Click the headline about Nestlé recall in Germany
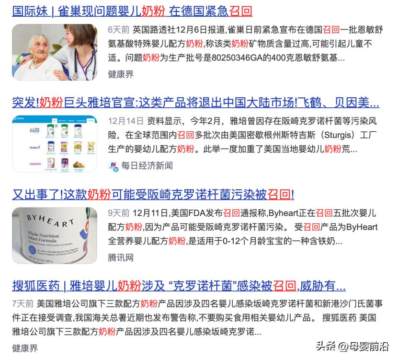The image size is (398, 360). coord(132,11)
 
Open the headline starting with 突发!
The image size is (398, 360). coord(195,103)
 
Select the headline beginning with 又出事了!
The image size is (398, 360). coord(153,195)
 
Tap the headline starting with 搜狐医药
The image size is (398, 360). coord(179,286)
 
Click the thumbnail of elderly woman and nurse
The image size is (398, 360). coord(55,52)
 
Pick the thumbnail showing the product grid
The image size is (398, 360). coord(55,143)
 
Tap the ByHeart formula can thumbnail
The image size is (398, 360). coord(55,235)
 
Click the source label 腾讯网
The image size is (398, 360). coord(121,257)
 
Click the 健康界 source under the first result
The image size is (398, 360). coord(121,74)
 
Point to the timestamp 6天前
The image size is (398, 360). coord(118,29)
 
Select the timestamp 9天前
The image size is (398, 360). coord(118,212)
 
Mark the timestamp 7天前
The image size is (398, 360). coord(23,303)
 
